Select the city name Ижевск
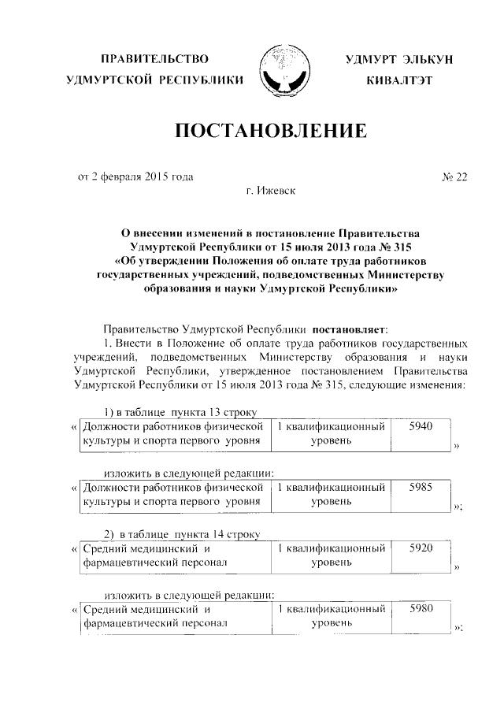click(x=279, y=191)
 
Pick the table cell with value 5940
click(x=424, y=426)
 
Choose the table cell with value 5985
click(x=424, y=487)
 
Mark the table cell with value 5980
click(x=424, y=608)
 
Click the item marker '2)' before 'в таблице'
click(x=111, y=534)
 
